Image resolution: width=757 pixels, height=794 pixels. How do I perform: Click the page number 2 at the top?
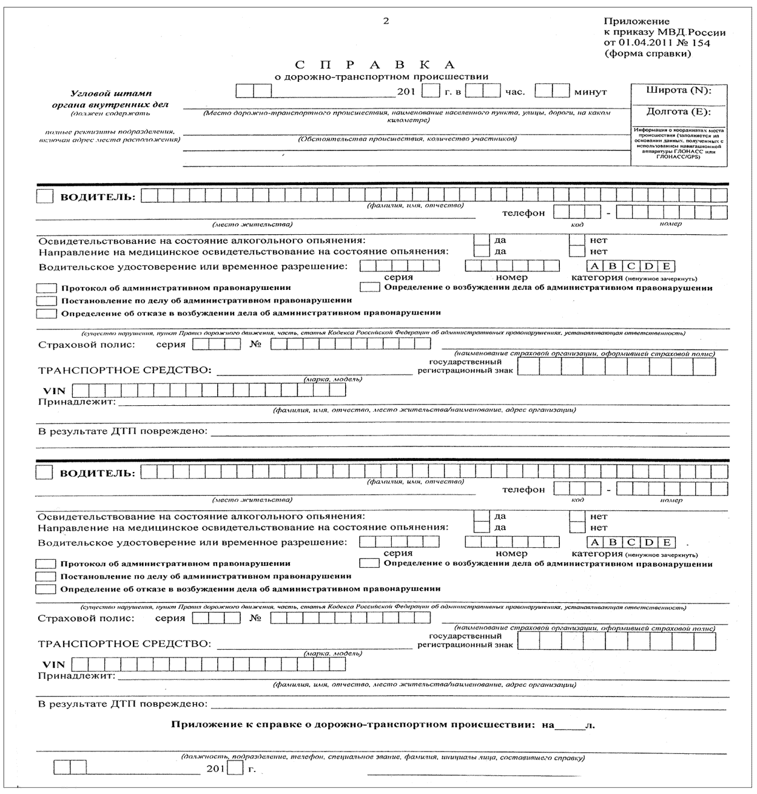click(x=386, y=21)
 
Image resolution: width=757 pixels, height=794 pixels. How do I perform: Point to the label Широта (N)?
click(x=678, y=90)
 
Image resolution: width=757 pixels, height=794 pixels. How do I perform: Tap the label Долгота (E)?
click(x=678, y=112)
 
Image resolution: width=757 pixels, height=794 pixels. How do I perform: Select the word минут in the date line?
click(x=590, y=92)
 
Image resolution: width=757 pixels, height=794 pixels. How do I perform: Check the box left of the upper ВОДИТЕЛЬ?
click(x=44, y=197)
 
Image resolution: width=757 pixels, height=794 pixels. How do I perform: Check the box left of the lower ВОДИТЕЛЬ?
click(x=44, y=472)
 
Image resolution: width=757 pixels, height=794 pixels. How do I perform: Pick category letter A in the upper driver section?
click(x=594, y=266)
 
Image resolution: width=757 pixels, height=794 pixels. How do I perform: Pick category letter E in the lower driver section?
click(x=667, y=542)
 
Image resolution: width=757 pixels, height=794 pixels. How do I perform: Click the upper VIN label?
click(x=54, y=391)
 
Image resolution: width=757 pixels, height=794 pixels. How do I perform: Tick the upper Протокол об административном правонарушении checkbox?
click(x=46, y=288)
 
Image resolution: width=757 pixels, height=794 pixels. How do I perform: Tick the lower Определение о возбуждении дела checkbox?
click(x=369, y=564)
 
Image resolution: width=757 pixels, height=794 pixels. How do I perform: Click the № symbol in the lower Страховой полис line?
click(x=255, y=618)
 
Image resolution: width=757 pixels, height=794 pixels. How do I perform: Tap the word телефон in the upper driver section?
click(x=523, y=213)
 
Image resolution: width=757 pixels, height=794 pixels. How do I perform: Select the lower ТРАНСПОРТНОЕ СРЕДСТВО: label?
click(x=124, y=644)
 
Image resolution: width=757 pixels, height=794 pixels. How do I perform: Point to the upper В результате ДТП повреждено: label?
click(x=123, y=431)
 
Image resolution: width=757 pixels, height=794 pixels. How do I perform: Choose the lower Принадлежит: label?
click(x=77, y=675)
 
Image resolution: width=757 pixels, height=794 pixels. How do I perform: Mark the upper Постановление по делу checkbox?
click(x=46, y=301)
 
